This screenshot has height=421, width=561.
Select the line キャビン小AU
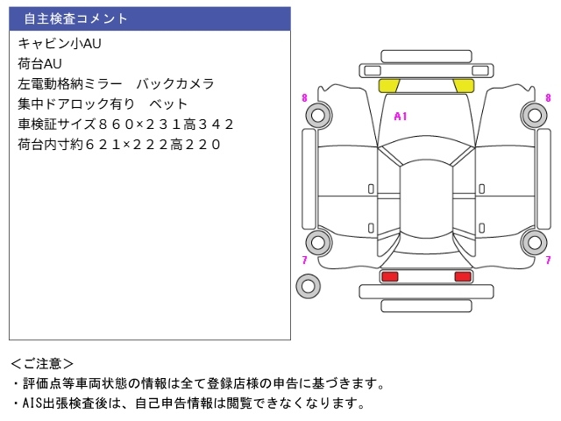53,43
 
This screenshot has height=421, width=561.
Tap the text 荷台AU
39,63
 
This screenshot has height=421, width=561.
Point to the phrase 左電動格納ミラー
72,84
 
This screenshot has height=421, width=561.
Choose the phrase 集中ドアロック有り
77,104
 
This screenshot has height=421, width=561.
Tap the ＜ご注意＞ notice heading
42,363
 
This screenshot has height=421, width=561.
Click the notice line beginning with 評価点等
197,383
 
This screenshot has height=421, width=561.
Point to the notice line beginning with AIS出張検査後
188,403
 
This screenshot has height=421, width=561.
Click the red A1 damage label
401,116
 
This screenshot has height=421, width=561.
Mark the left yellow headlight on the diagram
389,86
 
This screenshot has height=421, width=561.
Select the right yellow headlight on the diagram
463,86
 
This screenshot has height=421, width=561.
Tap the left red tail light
389,276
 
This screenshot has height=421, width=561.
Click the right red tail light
462,276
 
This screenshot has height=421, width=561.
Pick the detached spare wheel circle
308,285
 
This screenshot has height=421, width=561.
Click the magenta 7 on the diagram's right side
549,260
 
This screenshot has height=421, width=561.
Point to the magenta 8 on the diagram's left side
304,98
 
